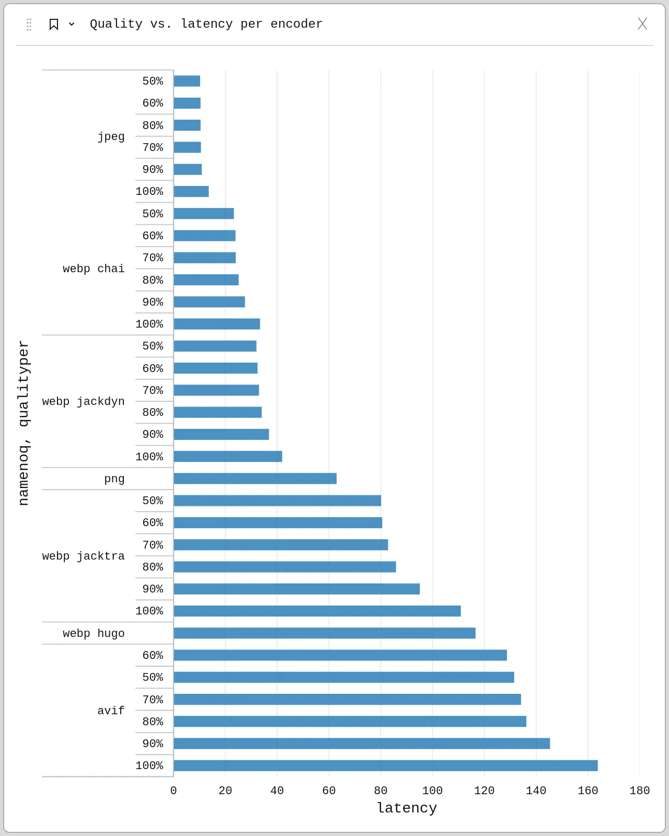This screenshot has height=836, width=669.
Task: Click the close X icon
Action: coord(642,24)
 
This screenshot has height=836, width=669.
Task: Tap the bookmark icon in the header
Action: coord(53,24)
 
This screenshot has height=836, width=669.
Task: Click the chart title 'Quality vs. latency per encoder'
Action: coord(206,24)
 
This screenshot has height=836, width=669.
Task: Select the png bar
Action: coord(255,479)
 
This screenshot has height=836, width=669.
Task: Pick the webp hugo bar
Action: coord(325,633)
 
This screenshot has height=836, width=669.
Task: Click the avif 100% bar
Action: coord(385,765)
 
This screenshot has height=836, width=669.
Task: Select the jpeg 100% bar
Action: coord(191,191)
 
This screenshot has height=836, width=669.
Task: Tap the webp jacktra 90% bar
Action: coord(296,589)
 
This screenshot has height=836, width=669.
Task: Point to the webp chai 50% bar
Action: coord(204,214)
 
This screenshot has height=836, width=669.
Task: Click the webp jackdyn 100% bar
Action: coord(228,457)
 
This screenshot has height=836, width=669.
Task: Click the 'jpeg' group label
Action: coord(111,136)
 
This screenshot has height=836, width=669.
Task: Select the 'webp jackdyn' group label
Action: coord(84,401)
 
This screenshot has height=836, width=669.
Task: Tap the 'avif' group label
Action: coord(111,711)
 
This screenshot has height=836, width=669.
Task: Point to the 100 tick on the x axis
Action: coord(432,791)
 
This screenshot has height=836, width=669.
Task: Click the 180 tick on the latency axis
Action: coord(639,791)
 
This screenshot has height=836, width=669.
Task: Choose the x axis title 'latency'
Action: coord(407,808)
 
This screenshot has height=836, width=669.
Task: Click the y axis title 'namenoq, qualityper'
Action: coord(24,423)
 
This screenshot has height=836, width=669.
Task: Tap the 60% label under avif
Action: coord(153,655)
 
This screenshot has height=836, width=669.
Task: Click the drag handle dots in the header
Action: coord(29,24)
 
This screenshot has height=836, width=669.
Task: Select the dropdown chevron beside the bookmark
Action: coord(72,24)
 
